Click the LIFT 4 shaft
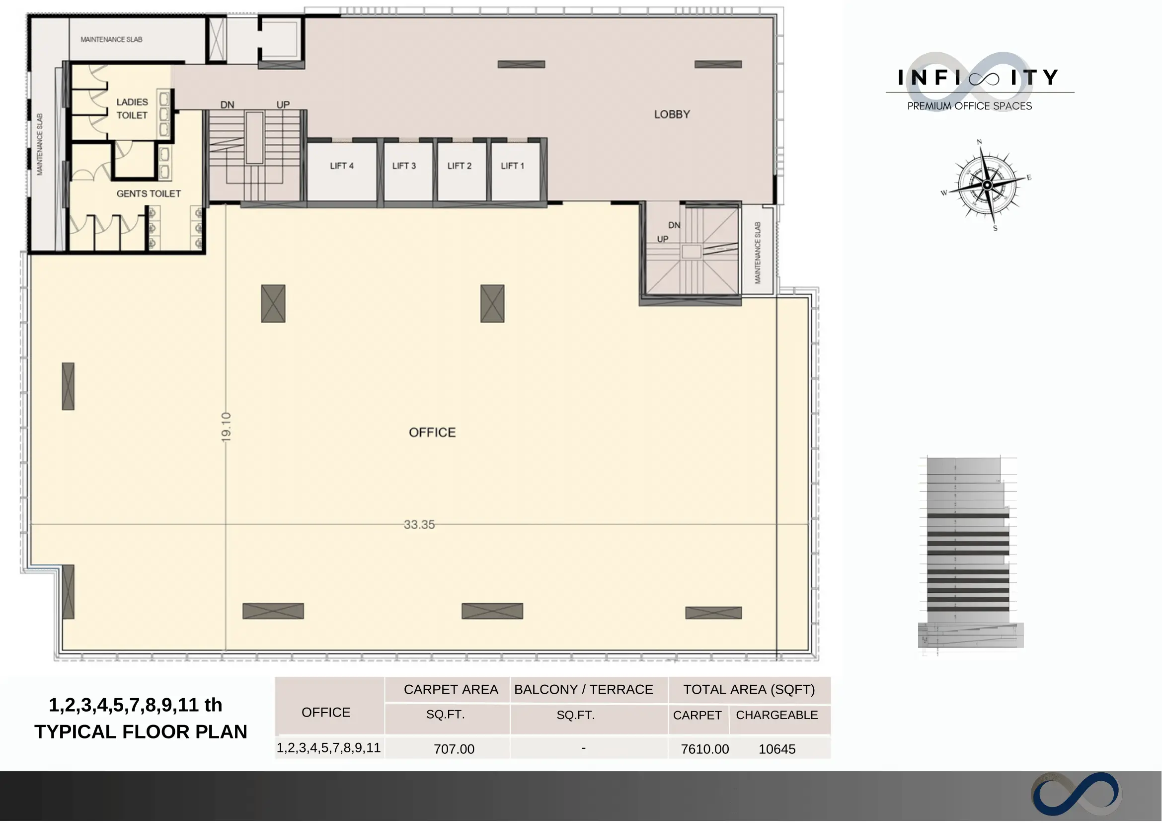(342, 171)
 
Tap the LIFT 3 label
(404, 166)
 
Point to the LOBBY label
(672, 114)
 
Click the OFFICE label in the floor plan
(432, 433)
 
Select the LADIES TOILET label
(132, 109)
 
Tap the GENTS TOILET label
(149, 193)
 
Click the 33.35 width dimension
(419, 525)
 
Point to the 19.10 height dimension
(227, 427)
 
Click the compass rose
(987, 185)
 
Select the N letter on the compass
(979, 142)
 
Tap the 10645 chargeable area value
(777, 749)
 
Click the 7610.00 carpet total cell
(705, 749)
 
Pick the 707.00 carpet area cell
(454, 749)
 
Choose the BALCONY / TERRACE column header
(584, 690)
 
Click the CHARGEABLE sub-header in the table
(777, 716)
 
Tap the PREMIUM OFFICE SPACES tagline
(970, 106)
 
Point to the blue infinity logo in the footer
(1076, 794)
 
